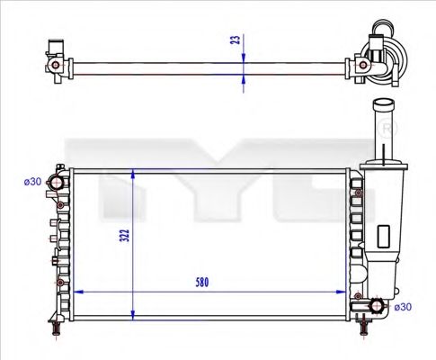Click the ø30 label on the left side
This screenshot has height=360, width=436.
pyautogui.click(x=32, y=182)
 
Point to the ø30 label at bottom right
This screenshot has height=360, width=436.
pyautogui.click(x=403, y=308)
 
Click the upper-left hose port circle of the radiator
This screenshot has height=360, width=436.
pyautogui.click(x=58, y=183)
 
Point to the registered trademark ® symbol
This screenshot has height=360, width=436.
pyautogui.click(x=387, y=130)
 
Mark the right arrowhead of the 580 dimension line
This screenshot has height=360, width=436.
pyautogui.click(x=343, y=292)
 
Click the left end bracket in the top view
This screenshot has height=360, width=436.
pyautogui.click(x=56, y=63)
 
